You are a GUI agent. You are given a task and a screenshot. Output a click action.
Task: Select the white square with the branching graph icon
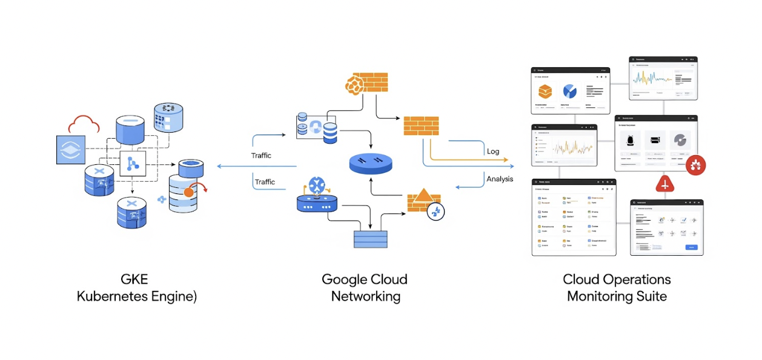tap(133, 163)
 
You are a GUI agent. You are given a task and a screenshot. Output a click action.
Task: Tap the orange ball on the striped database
tap(189, 192)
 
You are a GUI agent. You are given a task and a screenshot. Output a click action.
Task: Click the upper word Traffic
tap(261, 156)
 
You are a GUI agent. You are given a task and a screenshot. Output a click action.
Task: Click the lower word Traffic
tap(265, 182)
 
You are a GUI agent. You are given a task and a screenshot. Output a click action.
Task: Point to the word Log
tap(493, 152)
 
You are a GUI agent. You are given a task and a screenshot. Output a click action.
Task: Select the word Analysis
tap(500, 179)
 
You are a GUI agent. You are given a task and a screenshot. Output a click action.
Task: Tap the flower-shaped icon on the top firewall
tap(354, 85)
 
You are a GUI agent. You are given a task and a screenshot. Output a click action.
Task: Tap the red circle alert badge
tap(695, 164)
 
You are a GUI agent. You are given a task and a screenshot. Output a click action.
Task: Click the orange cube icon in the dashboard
tap(545, 92)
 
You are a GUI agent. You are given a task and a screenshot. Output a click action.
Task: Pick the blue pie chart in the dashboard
tap(570, 92)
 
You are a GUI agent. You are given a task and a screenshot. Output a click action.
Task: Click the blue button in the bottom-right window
tap(691, 247)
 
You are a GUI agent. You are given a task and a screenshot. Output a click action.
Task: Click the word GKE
tap(134, 280)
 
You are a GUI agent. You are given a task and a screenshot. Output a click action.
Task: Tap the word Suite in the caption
tap(652, 297)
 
